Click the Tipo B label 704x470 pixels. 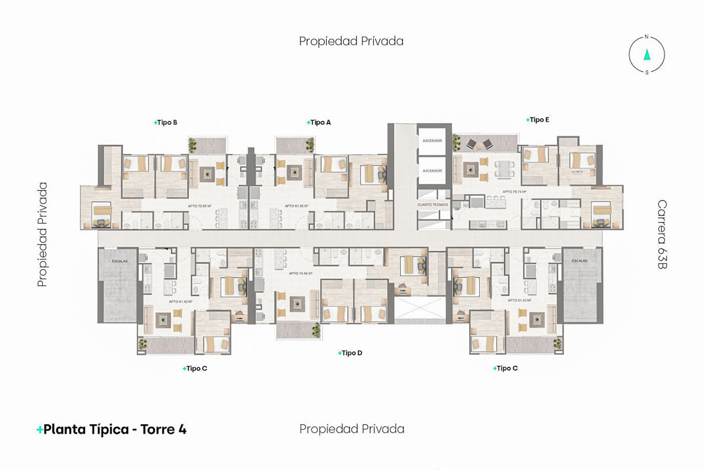pos(166,123)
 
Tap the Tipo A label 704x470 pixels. pos(319,123)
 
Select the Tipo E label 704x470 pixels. pos(538,120)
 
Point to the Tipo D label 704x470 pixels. pos(351,353)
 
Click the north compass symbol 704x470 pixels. pos(647,55)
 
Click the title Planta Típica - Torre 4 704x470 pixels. pos(111,430)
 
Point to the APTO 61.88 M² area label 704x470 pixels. pos(296,206)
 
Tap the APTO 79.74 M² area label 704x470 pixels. pos(515,192)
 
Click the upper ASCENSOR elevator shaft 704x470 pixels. pos(432,140)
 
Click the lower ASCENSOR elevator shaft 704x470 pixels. pos(432,171)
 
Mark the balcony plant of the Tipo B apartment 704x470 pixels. pos(193,144)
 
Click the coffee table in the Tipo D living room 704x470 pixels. pos(297,304)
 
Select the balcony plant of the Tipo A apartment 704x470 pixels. pos(309,144)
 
